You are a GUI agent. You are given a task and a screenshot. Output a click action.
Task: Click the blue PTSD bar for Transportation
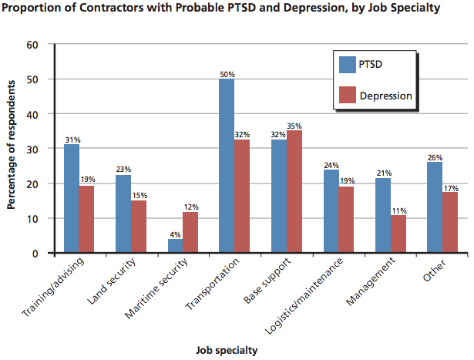pos(227,166)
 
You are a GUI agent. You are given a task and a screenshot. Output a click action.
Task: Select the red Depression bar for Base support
pos(294,191)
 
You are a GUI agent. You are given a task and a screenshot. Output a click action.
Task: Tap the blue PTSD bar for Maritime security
pos(175,246)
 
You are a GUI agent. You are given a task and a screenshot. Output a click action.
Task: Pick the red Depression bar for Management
pos(398,234)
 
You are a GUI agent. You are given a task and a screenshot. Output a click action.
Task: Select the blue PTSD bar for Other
pos(434,207)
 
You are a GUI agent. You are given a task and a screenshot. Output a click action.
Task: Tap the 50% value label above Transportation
pos(227,74)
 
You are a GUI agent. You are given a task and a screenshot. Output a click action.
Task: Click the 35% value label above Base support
pos(294,126)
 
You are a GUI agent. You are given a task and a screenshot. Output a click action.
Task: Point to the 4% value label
pos(175,234)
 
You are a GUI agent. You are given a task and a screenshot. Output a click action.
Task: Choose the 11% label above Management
pos(398,210)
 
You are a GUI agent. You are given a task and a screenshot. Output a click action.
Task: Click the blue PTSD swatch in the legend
pos(345,64)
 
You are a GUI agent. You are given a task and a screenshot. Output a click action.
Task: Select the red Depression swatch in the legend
pos(345,96)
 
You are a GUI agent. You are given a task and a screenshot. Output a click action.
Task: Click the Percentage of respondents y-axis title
pos(12,149)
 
